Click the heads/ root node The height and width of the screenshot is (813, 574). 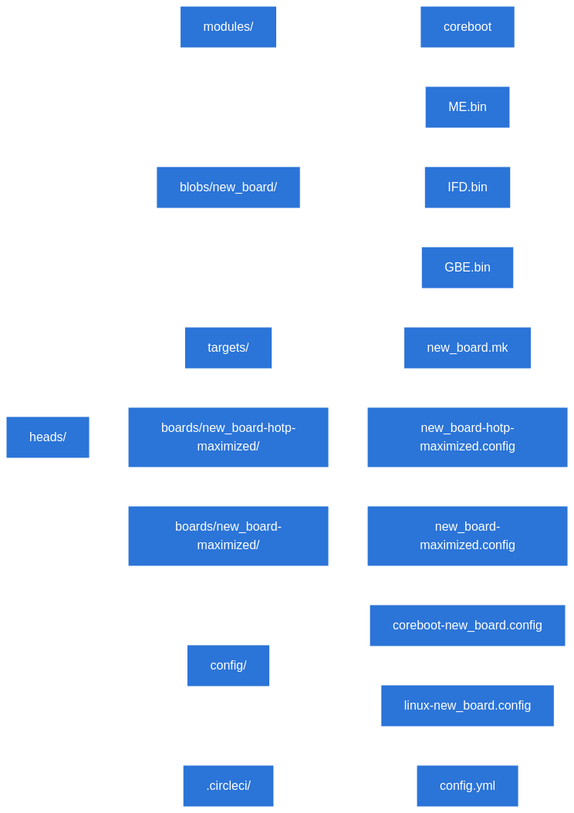coord(48,437)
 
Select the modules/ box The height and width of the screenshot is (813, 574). coord(228,27)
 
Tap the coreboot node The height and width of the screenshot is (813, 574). coord(468,27)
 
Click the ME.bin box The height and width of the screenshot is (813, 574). coord(468,107)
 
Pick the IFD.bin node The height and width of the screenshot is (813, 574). coord(468,187)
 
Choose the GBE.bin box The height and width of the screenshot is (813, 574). coord(468,268)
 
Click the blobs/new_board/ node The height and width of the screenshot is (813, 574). coord(228,187)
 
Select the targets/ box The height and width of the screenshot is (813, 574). coord(228,348)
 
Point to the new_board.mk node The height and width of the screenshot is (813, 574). coord(468,348)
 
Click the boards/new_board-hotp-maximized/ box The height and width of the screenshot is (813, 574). coord(228,437)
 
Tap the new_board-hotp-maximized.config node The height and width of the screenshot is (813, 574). coord(468,437)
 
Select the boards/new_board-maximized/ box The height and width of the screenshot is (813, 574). coord(228,536)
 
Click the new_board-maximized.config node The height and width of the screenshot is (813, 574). coord(468,536)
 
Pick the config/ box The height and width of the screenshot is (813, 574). coord(228,666)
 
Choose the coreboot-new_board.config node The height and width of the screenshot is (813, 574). coord(468,626)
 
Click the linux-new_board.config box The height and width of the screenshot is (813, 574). coord(468,706)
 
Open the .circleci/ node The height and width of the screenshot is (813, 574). coord(228,786)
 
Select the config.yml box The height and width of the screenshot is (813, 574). coord(468,786)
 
